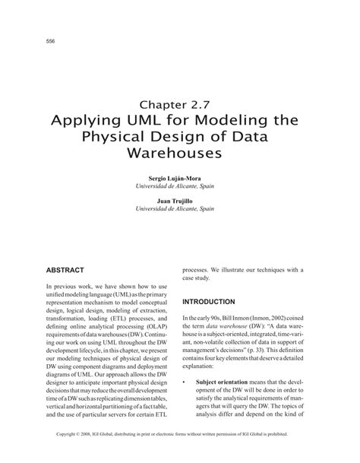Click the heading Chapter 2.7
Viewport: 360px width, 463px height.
[181, 102]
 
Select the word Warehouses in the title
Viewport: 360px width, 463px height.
[180, 153]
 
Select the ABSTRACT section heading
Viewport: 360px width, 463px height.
[68, 270]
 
